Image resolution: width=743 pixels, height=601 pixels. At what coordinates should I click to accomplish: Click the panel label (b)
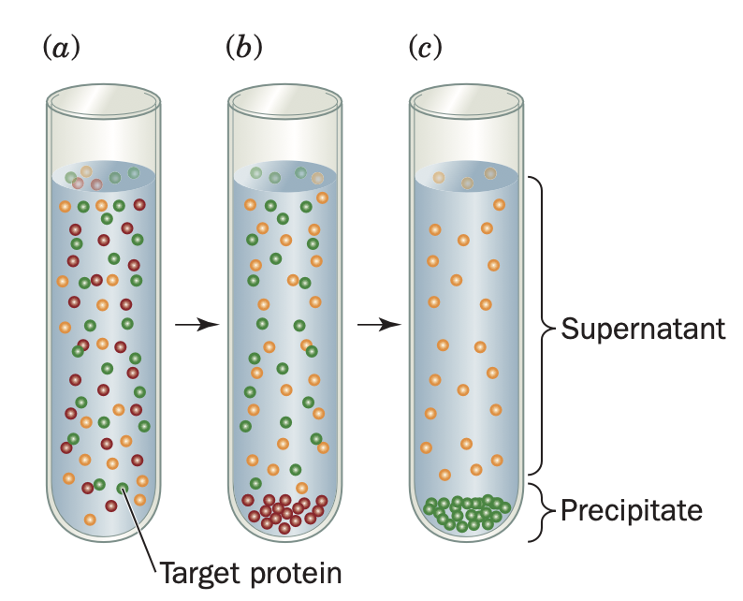pyautogui.click(x=244, y=47)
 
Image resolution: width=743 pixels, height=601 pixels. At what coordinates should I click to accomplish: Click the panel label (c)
pyautogui.click(x=426, y=47)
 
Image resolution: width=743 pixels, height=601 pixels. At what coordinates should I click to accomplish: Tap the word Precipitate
pyautogui.click(x=631, y=511)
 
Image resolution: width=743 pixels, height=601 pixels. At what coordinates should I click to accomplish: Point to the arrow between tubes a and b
pyautogui.click(x=196, y=324)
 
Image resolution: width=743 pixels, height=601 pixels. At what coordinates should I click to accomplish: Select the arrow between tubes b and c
pyautogui.click(x=378, y=324)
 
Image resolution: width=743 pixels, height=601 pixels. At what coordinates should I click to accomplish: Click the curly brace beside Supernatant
pyautogui.click(x=542, y=328)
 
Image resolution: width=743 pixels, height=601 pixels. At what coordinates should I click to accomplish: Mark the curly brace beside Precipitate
pyautogui.click(x=543, y=511)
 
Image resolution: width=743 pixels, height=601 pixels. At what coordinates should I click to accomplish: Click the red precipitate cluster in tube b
pyautogui.click(x=283, y=511)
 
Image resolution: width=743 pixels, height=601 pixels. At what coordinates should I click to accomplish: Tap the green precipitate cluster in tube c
pyautogui.click(x=466, y=512)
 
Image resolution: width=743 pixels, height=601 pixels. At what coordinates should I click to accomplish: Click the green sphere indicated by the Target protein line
pyautogui.click(x=122, y=488)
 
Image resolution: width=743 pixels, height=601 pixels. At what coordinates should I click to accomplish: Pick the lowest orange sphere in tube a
pyautogui.click(x=90, y=519)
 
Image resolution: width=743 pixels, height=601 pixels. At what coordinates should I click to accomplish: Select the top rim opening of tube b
pyautogui.click(x=284, y=98)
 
